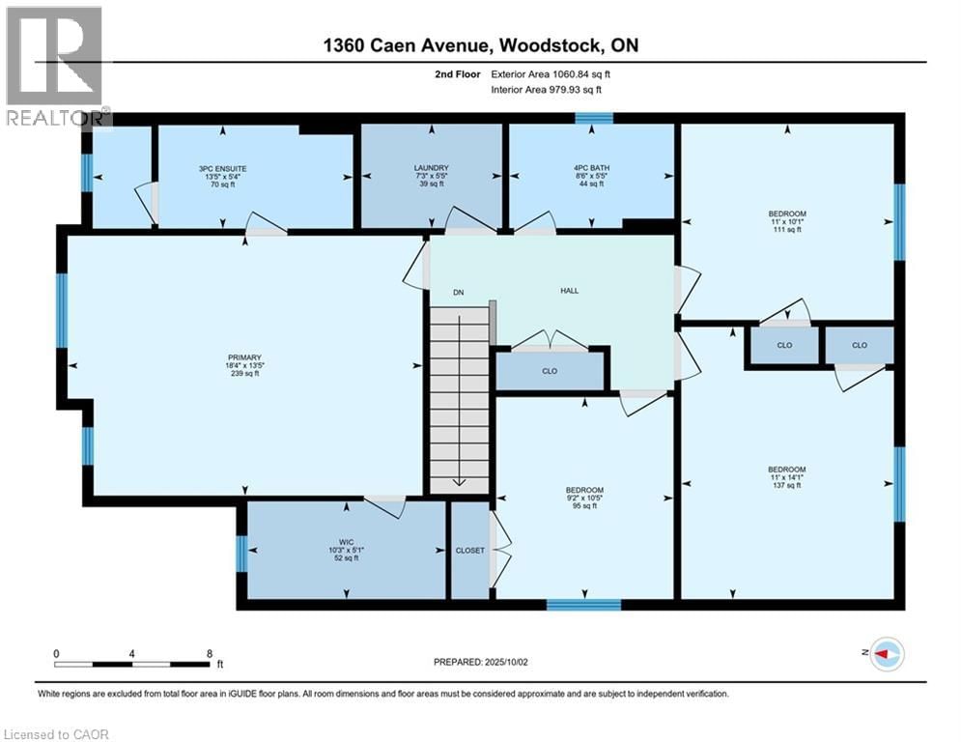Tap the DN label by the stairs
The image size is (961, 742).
pos(459,291)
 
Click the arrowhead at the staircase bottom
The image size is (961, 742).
pos(459,482)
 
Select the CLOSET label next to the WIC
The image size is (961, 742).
pos(469,550)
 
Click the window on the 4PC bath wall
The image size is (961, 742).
pos(594,119)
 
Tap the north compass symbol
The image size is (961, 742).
pos(886,654)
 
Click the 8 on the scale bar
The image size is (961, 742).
pos(210,653)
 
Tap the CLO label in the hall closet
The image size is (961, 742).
pos(550,370)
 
